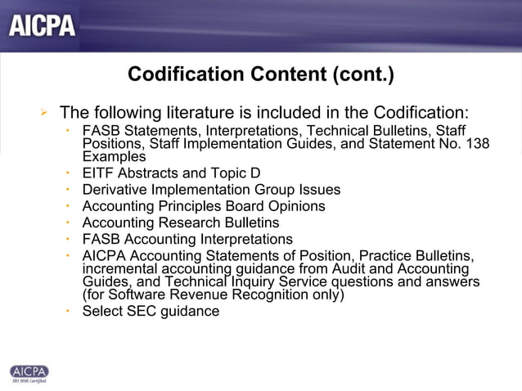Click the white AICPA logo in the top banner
(43, 25)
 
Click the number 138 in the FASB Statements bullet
(477, 143)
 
